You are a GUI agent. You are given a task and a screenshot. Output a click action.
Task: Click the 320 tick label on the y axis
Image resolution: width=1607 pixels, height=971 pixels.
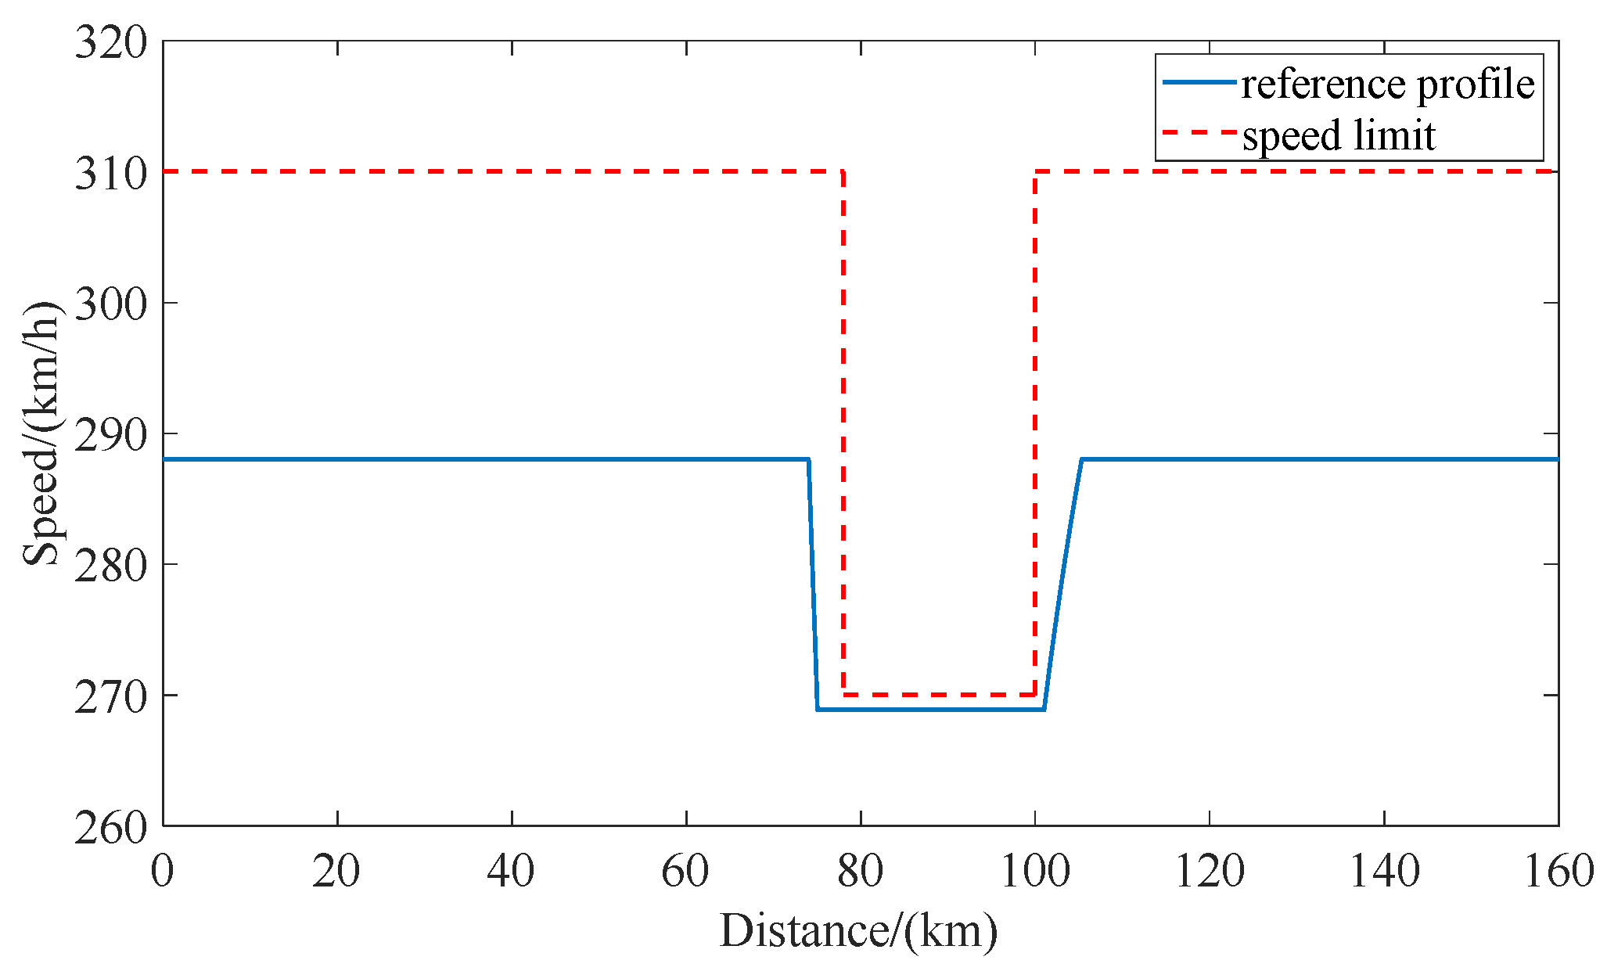point(111,42)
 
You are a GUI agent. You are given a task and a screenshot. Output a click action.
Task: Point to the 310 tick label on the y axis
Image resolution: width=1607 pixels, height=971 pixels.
point(111,174)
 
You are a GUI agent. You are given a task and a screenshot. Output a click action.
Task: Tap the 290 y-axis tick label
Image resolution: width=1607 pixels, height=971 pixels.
point(111,435)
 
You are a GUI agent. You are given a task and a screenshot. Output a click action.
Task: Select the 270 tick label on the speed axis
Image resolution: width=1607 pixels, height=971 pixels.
point(111,697)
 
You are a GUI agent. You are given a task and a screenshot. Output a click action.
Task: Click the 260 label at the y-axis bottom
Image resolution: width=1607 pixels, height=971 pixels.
point(111,828)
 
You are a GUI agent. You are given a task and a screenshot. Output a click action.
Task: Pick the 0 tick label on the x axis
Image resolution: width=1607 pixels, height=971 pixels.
point(162,871)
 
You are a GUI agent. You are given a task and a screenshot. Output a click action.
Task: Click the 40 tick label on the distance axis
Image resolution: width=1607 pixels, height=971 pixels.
point(511,871)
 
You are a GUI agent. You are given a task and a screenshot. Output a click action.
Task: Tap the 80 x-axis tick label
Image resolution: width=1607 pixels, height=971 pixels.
point(860,871)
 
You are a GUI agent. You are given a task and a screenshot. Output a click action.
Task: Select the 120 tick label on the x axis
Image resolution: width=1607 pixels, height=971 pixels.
point(1210,871)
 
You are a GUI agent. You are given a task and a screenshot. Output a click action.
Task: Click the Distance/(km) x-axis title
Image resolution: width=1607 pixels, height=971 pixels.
point(858,931)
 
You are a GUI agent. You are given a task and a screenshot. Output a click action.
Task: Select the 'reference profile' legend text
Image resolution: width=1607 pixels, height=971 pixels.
point(1387,83)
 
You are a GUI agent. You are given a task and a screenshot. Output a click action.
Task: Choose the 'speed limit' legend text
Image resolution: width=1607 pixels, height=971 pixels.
point(1339,135)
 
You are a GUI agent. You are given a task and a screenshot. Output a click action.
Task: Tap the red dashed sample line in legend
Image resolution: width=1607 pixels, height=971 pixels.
point(1199,133)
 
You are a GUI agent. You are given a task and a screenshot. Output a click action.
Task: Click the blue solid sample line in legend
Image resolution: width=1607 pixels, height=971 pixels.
point(1199,81)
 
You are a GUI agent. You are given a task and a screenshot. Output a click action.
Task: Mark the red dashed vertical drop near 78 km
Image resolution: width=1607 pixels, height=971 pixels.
point(843,430)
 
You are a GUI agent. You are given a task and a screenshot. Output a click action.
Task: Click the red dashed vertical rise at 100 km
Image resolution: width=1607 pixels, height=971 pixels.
point(1035,430)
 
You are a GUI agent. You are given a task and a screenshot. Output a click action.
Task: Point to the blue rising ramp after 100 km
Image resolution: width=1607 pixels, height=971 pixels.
point(1062,587)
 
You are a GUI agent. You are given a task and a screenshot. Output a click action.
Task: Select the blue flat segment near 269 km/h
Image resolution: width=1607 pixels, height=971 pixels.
point(931,710)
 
